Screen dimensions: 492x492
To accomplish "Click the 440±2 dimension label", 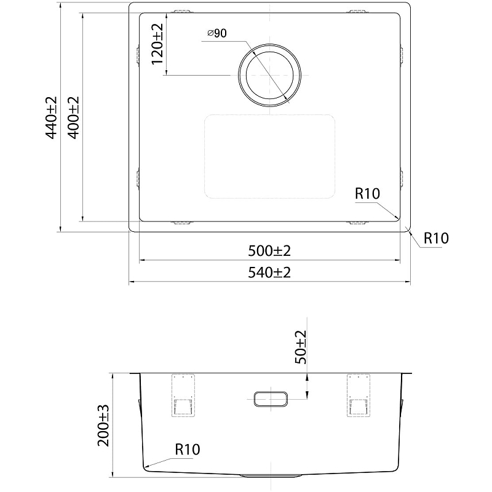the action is coord(52,117).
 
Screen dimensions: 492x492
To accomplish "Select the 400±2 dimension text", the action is coord(74,117).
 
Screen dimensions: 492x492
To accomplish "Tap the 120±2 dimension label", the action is coord(157,44).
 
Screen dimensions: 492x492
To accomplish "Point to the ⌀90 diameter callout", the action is coord(217,33).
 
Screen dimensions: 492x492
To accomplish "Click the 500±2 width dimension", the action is coord(269,251).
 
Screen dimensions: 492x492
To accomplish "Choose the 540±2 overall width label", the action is coord(269,272).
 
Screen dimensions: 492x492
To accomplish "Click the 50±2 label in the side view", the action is coord(301,347).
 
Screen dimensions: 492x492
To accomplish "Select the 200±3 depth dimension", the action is coord(103,426).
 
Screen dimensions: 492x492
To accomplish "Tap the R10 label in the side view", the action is coord(188,450).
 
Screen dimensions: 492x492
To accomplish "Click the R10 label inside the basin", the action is coord(367,194).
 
